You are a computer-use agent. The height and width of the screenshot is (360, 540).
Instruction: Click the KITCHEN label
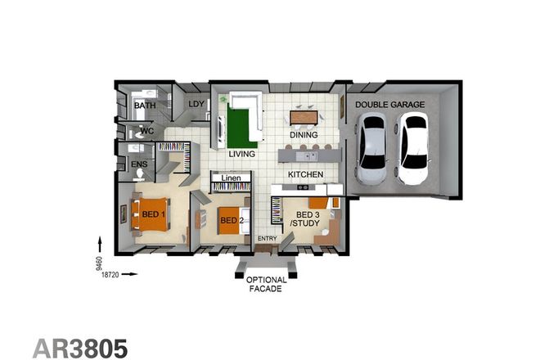305,175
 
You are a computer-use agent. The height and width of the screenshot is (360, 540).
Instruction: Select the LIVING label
242,154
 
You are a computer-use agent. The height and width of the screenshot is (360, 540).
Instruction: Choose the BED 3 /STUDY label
299,220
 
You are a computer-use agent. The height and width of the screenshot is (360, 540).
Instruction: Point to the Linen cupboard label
231,178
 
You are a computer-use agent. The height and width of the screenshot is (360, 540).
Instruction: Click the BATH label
145,106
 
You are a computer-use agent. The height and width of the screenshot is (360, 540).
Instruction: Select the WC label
146,131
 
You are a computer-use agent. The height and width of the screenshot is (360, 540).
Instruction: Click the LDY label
196,104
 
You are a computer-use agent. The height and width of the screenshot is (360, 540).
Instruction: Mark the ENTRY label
268,239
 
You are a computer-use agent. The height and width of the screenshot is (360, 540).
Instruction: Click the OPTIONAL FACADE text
267,284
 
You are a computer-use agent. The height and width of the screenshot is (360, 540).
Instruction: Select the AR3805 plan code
80,347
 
